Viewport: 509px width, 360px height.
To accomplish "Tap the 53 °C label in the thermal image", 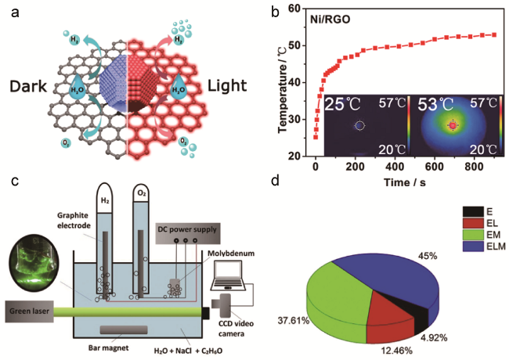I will click(x=429, y=105).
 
